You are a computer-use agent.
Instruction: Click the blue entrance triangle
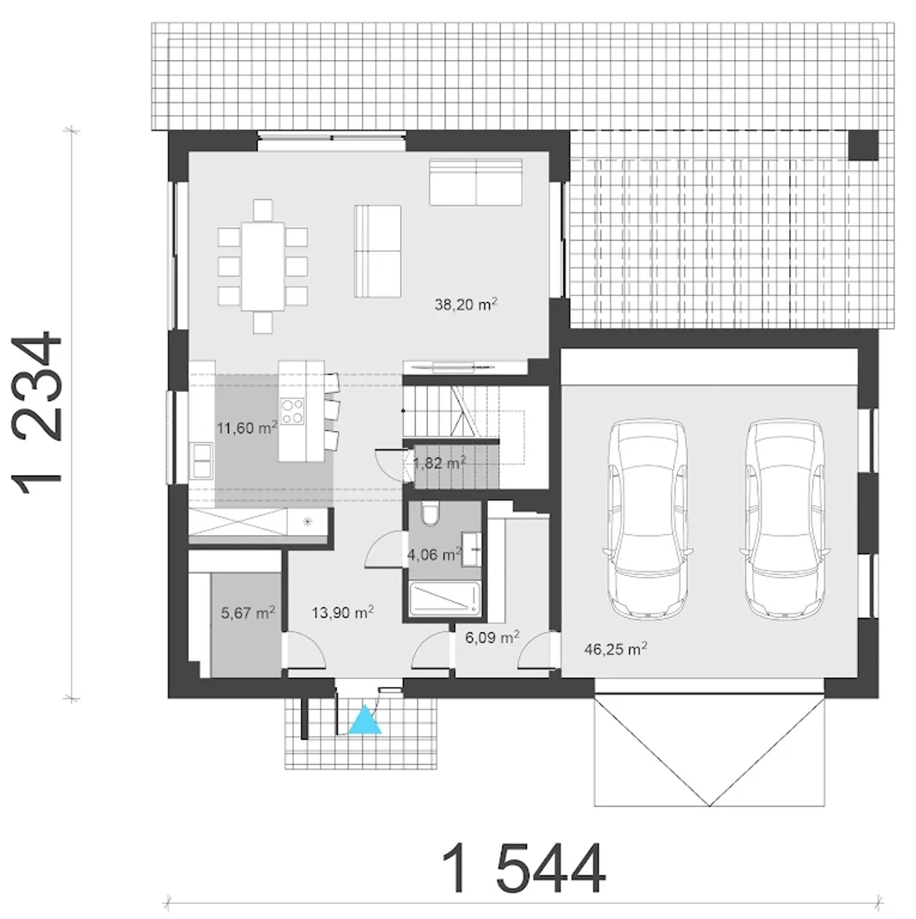365,719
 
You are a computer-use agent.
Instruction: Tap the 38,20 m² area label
466,304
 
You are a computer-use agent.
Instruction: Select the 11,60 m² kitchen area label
247,428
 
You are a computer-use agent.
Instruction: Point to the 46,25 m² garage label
615,649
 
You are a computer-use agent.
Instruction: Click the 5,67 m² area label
248,612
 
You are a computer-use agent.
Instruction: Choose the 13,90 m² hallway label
342,612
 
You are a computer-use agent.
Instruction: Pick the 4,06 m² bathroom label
434,554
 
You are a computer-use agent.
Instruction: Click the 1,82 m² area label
439,463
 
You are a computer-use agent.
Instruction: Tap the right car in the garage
786,519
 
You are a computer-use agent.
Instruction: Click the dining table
263,267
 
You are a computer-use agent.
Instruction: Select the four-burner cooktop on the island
292,411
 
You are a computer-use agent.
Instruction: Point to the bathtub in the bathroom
444,598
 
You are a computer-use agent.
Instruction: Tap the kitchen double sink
201,461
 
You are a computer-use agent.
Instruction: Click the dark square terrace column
863,145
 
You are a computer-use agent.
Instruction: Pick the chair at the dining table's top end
263,210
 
